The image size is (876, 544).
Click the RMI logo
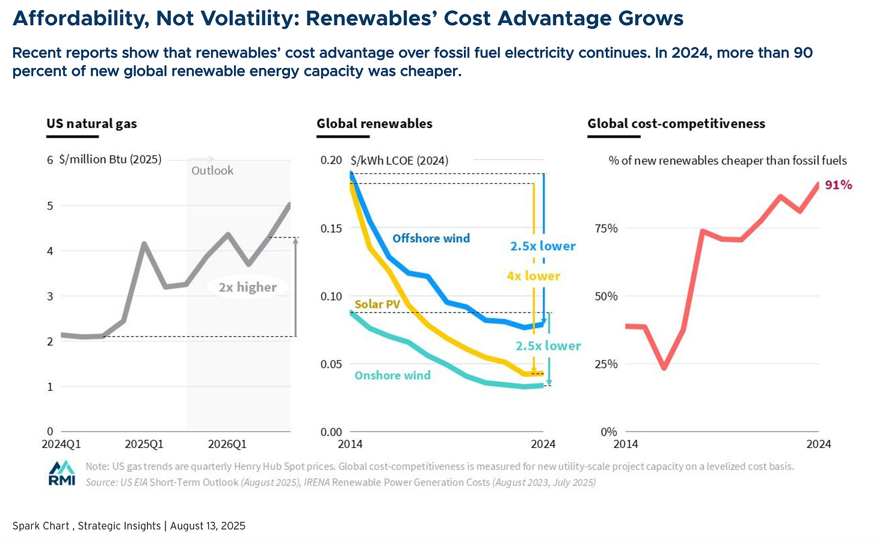coord(62,473)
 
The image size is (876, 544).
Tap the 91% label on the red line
coord(838,185)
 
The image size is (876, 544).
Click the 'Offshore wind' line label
coord(431,239)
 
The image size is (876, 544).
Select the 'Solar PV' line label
coord(377,304)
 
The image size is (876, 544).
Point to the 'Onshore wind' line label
coord(392,376)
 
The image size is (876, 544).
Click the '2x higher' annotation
coord(247,287)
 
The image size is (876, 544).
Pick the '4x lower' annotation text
coord(533,276)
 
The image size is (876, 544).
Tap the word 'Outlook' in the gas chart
coord(212,171)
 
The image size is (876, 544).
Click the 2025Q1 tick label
coord(144,444)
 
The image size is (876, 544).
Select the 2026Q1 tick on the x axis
coord(227,444)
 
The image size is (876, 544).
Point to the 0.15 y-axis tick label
coord(331,228)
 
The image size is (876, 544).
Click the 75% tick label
coord(606,228)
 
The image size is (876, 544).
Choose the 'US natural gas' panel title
coord(91,124)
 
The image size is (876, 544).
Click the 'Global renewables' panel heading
coord(374,124)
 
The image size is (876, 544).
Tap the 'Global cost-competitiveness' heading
coord(676,124)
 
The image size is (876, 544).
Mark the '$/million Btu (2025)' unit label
coord(110,160)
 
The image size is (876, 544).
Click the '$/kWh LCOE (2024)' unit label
coord(399,160)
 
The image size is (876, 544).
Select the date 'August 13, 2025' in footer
coord(208,526)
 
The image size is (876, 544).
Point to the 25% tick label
coord(606,364)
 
